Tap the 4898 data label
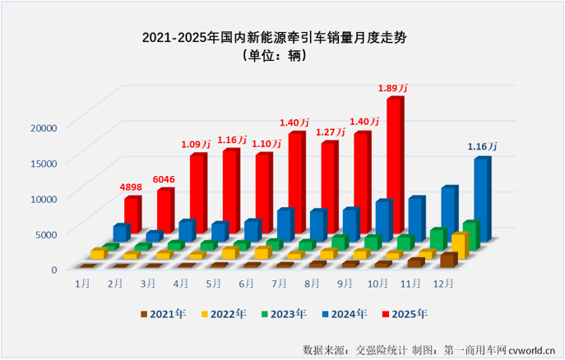pyautogui.click(x=131, y=187)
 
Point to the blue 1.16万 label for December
pyautogui.click(x=482, y=147)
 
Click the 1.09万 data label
pyautogui.click(x=197, y=145)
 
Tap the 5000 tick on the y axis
pyautogui.click(x=46, y=233)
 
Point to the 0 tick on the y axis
pyautogui.click(x=53, y=269)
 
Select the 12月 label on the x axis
pyautogui.click(x=442, y=283)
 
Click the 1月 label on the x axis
pyautogui.click(x=82, y=283)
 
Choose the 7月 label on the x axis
pyautogui.click(x=278, y=283)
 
